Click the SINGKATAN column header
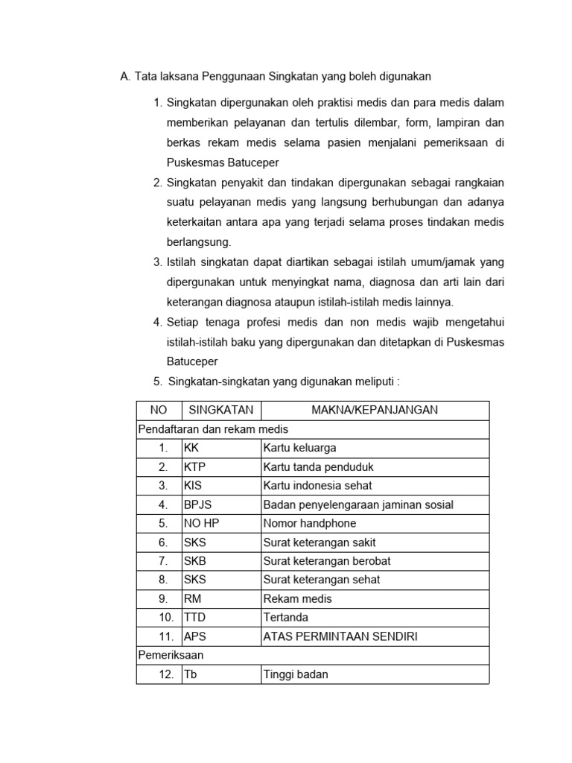tap(220, 410)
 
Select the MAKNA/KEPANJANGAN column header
tap(374, 410)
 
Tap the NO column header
tap(159, 410)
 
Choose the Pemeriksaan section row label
tap(171, 655)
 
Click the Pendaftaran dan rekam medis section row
tap(213, 429)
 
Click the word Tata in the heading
tap(147, 76)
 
